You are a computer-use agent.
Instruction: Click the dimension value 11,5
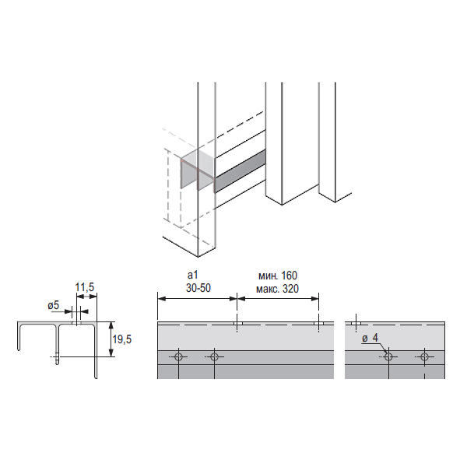point(85,287)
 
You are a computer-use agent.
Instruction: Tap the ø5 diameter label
point(54,305)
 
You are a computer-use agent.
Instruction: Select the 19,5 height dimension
point(122,339)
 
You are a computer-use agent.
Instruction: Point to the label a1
point(193,276)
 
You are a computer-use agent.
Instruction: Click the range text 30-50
point(198,288)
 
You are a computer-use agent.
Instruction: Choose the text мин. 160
point(278,276)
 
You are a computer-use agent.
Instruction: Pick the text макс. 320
point(277,289)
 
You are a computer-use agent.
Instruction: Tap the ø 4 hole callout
point(370,338)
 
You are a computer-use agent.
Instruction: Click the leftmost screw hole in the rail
point(178,356)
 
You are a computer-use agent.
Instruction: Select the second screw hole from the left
point(214,356)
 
